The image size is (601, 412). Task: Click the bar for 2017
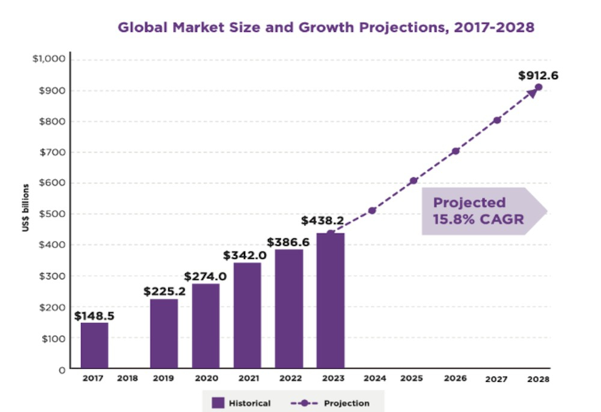point(94,345)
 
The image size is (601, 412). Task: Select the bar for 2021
point(247,315)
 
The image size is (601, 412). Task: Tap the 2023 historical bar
point(331,300)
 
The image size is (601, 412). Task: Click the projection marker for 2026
point(456,151)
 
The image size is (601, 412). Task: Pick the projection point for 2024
point(373,210)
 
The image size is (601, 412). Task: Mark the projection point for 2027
point(497,120)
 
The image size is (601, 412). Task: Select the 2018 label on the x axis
point(127,379)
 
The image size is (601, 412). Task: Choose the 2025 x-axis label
point(412,379)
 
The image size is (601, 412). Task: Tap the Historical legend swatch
point(218,402)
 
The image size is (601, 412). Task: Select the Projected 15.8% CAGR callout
point(478,211)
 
